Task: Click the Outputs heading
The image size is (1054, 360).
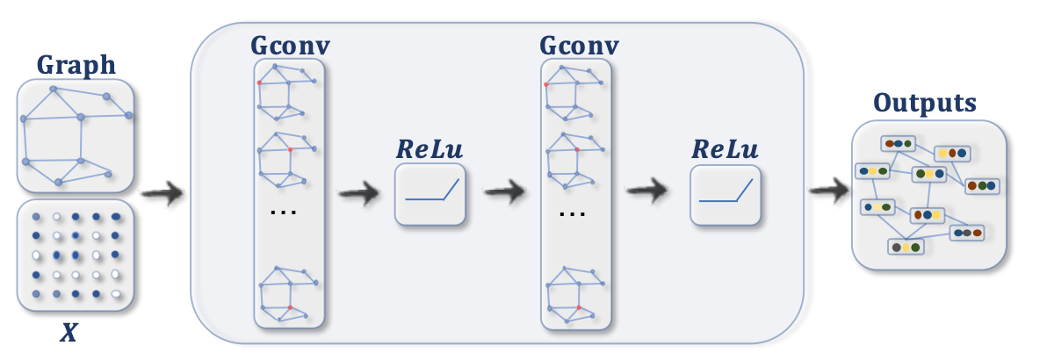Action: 925,103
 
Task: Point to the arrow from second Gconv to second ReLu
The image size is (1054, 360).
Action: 647,192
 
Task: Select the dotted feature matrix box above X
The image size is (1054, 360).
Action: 75,255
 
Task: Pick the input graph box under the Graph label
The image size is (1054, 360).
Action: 75,136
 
